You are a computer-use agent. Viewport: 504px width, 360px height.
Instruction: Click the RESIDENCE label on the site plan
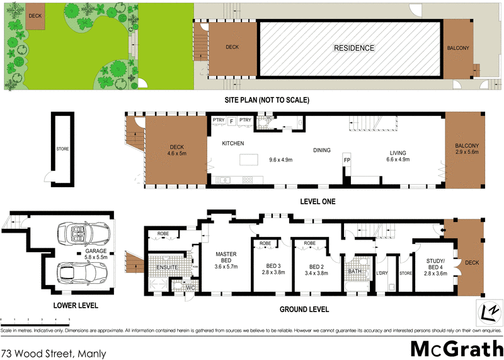click(x=353, y=48)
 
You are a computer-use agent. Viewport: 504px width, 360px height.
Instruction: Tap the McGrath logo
click(x=456, y=347)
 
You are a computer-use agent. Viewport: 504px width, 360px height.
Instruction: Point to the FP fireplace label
click(x=346, y=161)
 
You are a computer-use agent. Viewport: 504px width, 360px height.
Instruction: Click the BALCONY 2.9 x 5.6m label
click(x=467, y=150)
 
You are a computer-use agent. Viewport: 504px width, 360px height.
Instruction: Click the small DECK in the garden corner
click(x=35, y=20)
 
